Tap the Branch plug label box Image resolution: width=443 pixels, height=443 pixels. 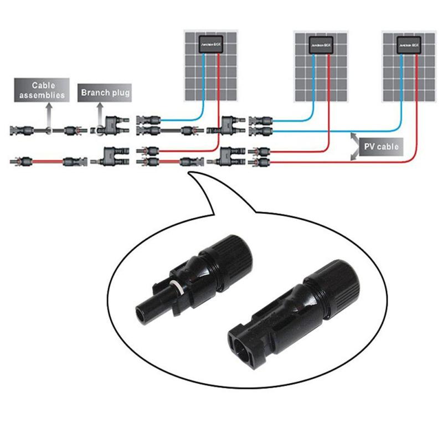[105, 92]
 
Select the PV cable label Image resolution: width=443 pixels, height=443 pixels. [379, 148]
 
